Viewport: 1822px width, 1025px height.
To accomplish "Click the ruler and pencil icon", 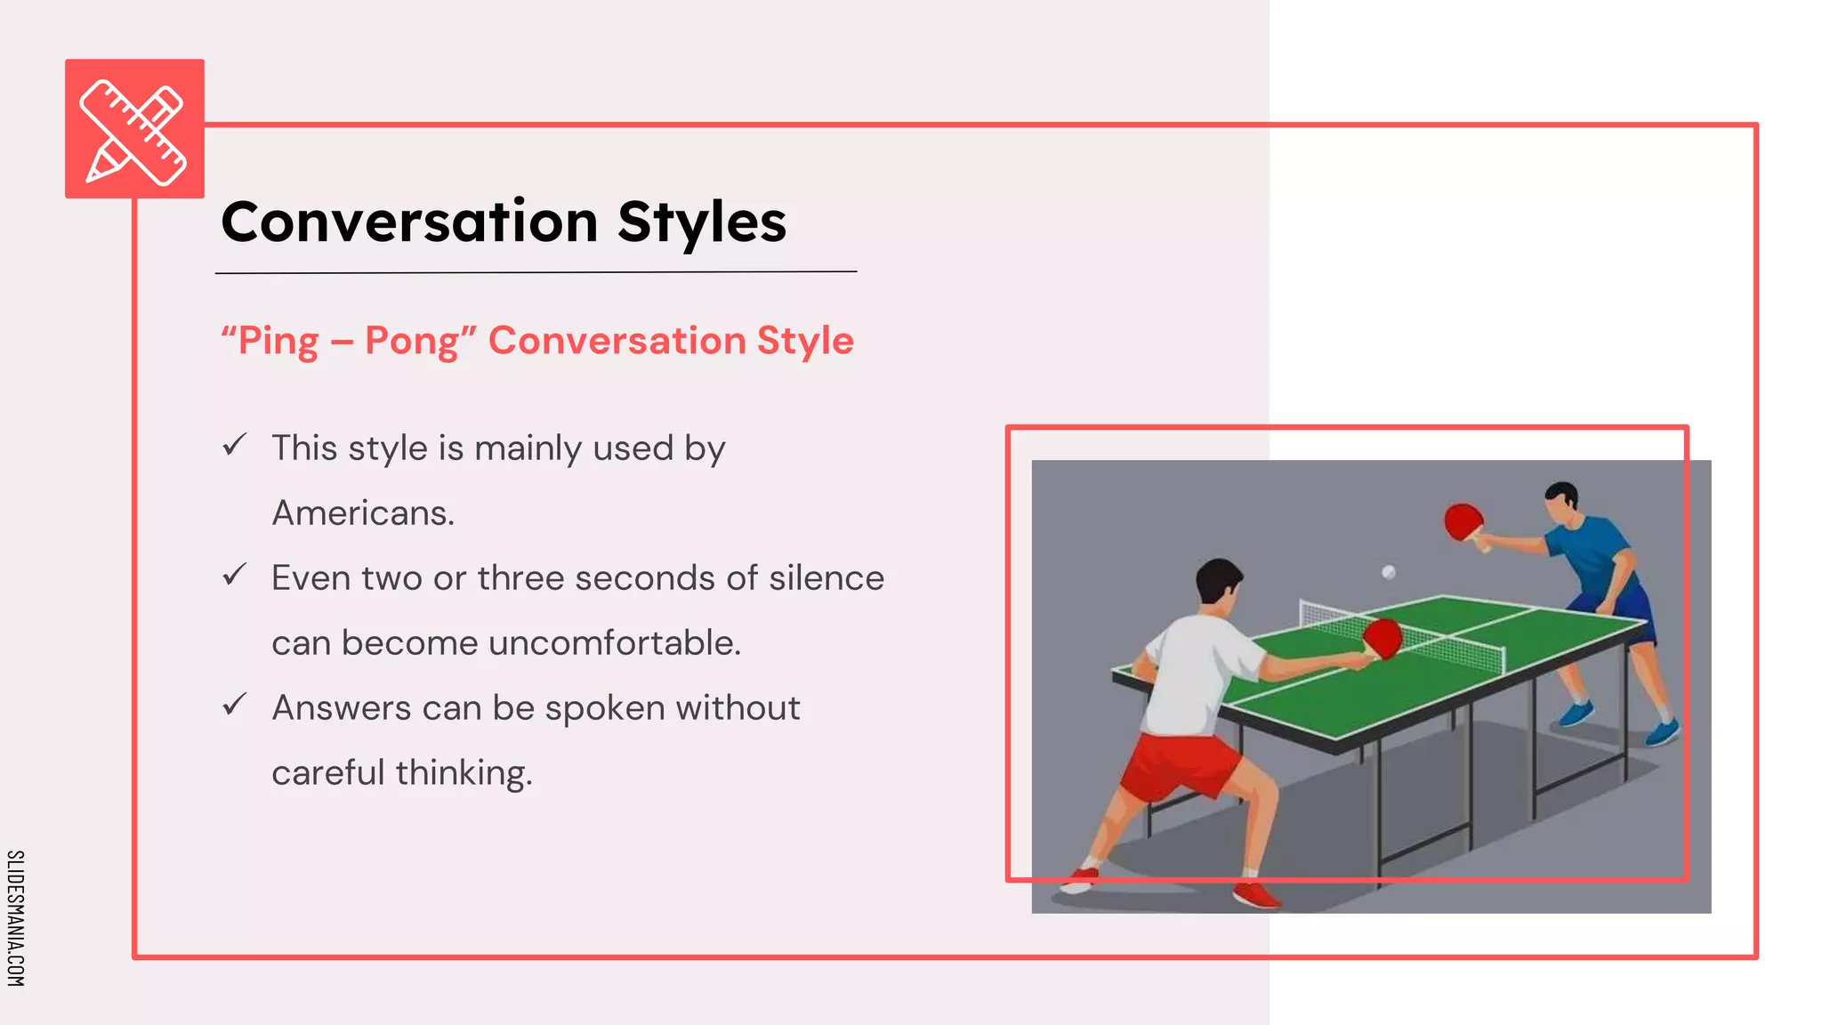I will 134,130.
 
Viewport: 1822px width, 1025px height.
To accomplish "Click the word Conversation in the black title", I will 409,222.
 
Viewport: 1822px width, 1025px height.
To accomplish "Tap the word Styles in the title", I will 702,222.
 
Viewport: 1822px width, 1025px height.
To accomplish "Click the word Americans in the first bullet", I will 361,513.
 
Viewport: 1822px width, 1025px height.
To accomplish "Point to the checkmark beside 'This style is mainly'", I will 234,445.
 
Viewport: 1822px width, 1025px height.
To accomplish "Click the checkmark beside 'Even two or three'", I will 234,575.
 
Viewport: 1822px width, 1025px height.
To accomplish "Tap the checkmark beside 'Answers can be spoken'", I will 234,705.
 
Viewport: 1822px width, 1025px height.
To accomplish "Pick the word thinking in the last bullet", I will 463,773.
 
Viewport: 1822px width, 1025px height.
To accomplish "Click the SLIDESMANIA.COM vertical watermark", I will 15,917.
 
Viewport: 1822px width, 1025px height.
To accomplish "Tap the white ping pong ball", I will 1388,572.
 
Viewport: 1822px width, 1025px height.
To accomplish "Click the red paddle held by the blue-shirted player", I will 1463,521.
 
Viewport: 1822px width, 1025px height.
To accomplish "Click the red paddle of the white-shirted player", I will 1383,638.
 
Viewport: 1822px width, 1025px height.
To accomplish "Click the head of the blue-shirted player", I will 1561,502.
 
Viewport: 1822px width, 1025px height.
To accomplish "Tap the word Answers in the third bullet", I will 342,708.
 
